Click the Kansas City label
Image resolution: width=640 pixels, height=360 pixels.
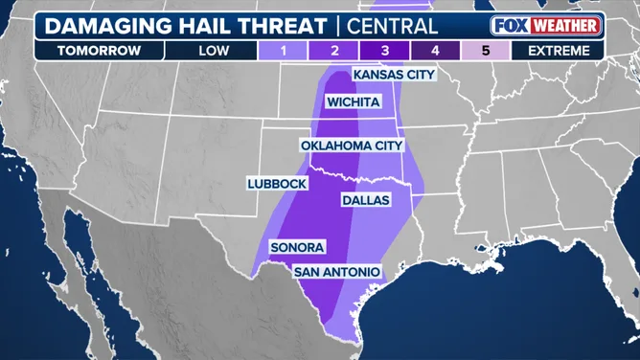(393, 75)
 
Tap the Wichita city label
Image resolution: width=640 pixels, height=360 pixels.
(353, 101)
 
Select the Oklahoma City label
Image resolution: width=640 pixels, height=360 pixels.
(352, 146)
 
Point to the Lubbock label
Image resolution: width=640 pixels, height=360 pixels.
(276, 183)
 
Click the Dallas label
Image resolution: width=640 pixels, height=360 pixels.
(365, 201)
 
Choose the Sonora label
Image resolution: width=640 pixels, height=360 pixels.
(297, 247)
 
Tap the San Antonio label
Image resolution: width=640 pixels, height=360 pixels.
(335, 273)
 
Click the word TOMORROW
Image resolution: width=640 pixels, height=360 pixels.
(100, 50)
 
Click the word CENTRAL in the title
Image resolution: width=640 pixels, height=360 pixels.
(391, 26)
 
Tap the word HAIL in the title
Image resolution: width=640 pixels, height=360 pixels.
(207, 26)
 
